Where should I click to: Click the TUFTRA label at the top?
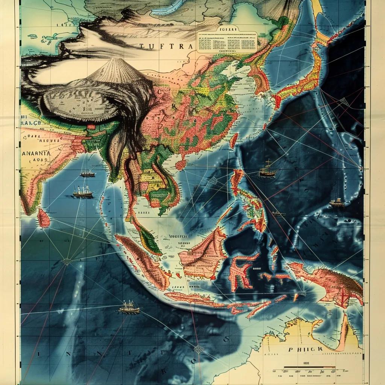(x=166, y=46)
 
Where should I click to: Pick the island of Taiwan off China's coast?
(x=233, y=140)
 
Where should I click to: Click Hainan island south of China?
(x=181, y=165)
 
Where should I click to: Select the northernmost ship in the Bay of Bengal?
(x=87, y=174)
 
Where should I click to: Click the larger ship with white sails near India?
(x=83, y=192)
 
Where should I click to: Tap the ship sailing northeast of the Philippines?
(x=267, y=170)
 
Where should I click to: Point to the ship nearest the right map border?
(x=337, y=203)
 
